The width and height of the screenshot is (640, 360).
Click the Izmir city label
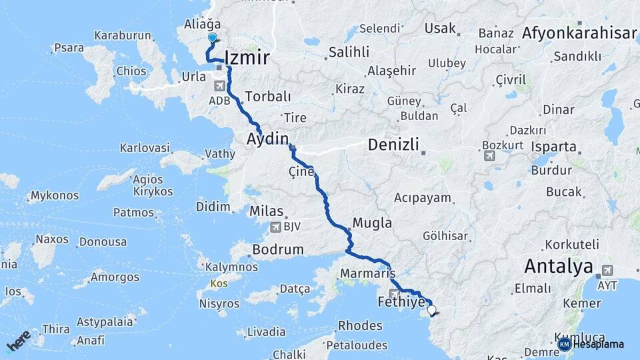pyautogui.click(x=247, y=58)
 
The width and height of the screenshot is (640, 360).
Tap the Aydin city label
pyautogui.click(x=268, y=139)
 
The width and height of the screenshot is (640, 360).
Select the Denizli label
pyautogui.click(x=393, y=145)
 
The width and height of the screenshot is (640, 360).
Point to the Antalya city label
pyautogui.click(x=558, y=267)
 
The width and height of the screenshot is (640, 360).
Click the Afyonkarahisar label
pyautogui.click(x=579, y=33)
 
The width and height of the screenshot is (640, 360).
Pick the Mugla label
pyautogui.click(x=372, y=223)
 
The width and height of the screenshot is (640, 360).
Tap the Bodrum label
pyautogui.click(x=279, y=250)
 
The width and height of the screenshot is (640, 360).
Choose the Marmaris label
pyautogui.click(x=368, y=273)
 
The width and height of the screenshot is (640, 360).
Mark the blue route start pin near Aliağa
pyautogui.click(x=213, y=38)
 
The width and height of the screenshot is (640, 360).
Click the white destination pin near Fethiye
pyautogui.click(x=432, y=309)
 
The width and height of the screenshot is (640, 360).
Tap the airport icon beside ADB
pyautogui.click(x=219, y=86)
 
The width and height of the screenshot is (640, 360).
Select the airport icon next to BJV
pyautogui.click(x=275, y=227)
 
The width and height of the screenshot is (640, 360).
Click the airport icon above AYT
pyautogui.click(x=607, y=270)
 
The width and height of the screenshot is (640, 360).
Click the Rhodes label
pyautogui.click(x=361, y=326)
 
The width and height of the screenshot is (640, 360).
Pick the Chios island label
pyautogui.click(x=131, y=71)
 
